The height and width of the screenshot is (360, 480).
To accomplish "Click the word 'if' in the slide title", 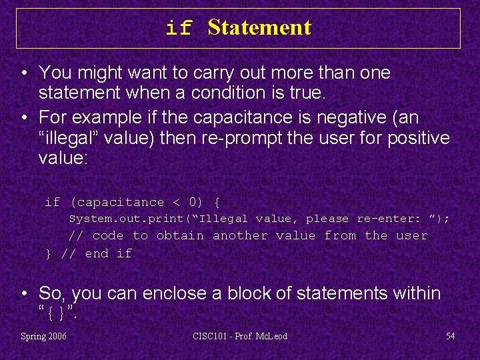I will pos(179,29).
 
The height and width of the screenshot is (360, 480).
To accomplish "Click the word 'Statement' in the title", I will pos(259,27).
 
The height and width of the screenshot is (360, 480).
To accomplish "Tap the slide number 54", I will pos(450,336).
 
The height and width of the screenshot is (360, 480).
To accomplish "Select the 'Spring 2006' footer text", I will pos(44,336).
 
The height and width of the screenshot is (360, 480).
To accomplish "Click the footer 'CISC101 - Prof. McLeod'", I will pos(240,336).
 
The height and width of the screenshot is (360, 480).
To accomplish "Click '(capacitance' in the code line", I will pos(117,202).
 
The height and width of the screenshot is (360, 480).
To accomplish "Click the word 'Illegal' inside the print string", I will pos(223,219).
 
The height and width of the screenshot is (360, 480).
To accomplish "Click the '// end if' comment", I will pos(97,253).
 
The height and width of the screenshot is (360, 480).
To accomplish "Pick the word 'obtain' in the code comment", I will pos(180,235).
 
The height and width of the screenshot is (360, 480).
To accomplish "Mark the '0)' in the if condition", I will pos(196,202).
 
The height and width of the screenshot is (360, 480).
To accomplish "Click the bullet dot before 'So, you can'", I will pos(24,293).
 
